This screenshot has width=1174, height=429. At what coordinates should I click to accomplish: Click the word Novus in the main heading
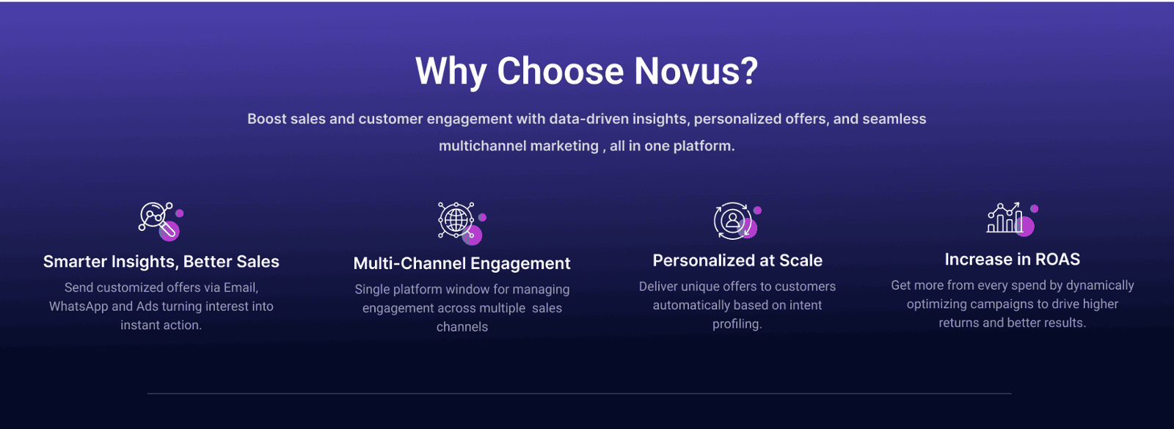(696, 70)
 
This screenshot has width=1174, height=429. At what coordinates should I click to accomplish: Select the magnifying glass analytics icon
(159, 221)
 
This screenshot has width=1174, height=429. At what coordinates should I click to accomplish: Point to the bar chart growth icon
(1010, 219)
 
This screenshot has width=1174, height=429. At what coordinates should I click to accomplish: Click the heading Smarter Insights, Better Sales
(161, 261)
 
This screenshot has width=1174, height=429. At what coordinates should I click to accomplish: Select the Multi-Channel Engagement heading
(462, 263)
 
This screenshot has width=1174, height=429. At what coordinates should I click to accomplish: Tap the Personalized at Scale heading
(737, 260)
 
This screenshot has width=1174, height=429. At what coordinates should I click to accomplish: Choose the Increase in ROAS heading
(1012, 260)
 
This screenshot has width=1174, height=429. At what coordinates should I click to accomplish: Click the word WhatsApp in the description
(79, 307)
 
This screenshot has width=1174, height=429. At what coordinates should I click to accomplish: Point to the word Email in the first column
(241, 287)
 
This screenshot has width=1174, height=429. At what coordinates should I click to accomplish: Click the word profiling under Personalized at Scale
(737, 324)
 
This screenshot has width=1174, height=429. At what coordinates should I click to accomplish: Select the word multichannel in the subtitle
(518, 146)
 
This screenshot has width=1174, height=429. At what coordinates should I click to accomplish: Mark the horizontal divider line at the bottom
(579, 393)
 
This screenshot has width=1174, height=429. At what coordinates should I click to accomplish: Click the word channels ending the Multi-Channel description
(462, 327)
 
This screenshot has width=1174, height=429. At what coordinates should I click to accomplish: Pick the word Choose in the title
(561, 70)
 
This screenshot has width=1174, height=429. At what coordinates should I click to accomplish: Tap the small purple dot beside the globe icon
(482, 217)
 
